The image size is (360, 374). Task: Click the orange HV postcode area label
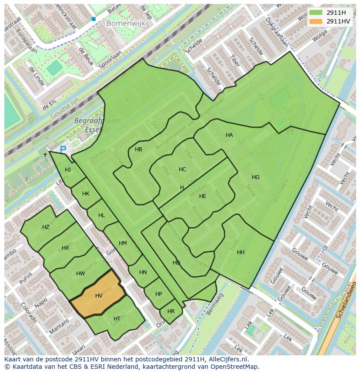pyautogui.click(x=99, y=296)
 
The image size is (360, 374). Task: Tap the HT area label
pyautogui.click(x=117, y=319)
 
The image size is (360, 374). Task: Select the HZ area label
pyautogui.click(x=46, y=227)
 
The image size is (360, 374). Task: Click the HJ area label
pyautogui.click(x=68, y=170)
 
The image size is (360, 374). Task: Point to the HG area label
pyautogui.click(x=256, y=177)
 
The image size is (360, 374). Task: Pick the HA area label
pyautogui.click(x=229, y=135)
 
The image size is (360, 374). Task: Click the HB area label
pyautogui.click(x=138, y=149)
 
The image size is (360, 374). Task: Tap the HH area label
pyautogui.click(x=240, y=252)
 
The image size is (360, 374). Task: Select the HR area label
pyautogui.click(x=171, y=311)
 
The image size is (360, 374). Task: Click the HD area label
pyautogui.click(x=176, y=263)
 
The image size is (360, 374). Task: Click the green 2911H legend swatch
pyautogui.click(x=316, y=13)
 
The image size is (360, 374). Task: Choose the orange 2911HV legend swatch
pyautogui.click(x=316, y=21)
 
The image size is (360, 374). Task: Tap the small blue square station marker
pyautogui.click(x=93, y=19)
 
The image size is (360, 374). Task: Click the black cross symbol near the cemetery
pyautogui.click(x=45, y=155)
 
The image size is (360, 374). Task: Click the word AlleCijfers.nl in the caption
pyautogui.click(x=226, y=359)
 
